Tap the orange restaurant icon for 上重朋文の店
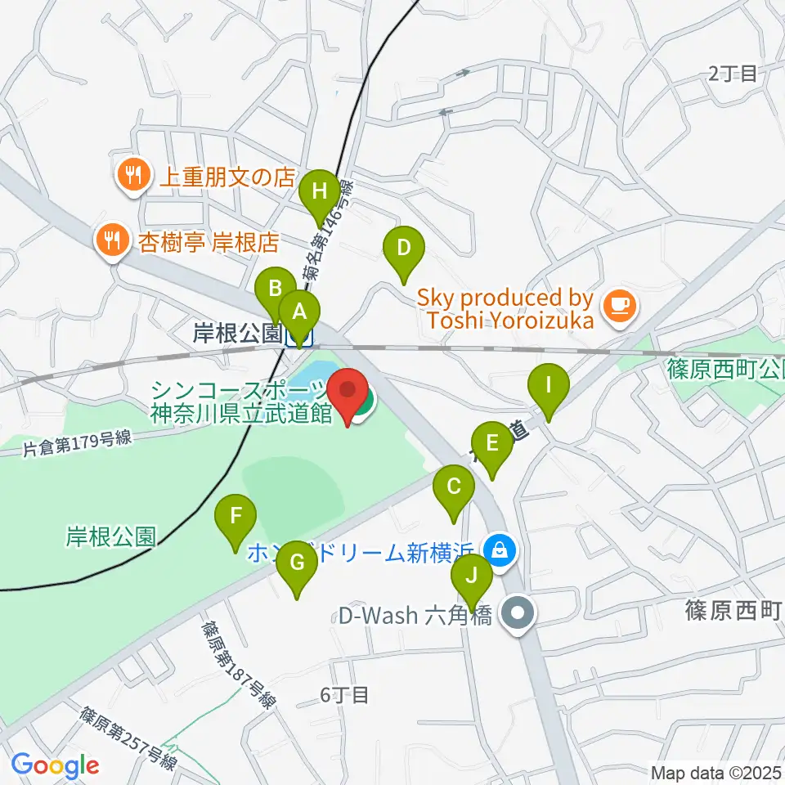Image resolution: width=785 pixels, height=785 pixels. (x=131, y=173)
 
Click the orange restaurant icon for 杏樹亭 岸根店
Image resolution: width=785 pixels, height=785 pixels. (x=110, y=239)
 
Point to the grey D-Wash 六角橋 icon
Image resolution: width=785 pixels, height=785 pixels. (x=517, y=612)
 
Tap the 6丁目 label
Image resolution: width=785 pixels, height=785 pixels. (x=344, y=696)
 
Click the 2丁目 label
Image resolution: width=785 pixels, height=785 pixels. (x=733, y=74)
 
